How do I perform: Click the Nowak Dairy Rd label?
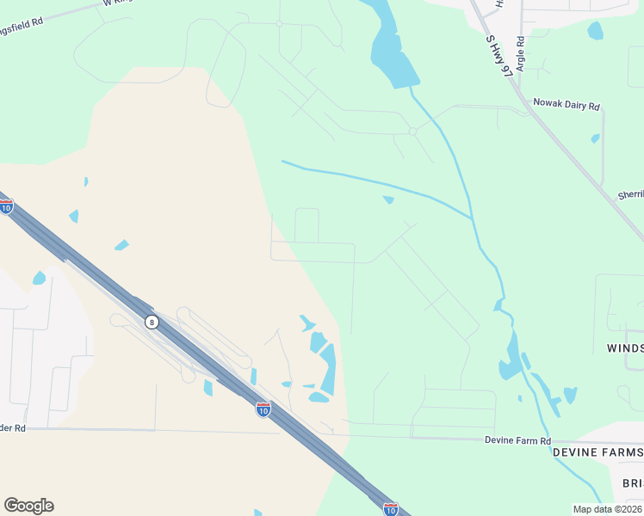tap(566, 104)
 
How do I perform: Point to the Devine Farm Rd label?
tap(517, 440)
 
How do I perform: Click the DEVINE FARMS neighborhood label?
tap(598, 452)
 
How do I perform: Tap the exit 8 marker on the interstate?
tap(152, 322)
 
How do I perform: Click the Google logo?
tap(28, 506)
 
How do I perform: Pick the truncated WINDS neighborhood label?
tap(620, 348)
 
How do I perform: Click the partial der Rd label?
tap(13, 427)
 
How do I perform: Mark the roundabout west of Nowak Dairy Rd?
tap(413, 131)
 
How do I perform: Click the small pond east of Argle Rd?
tap(595, 31)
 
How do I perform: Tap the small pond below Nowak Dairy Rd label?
tap(595, 138)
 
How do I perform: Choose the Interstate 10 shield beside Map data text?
tap(391, 508)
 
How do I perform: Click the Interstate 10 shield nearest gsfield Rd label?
tap(6, 206)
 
